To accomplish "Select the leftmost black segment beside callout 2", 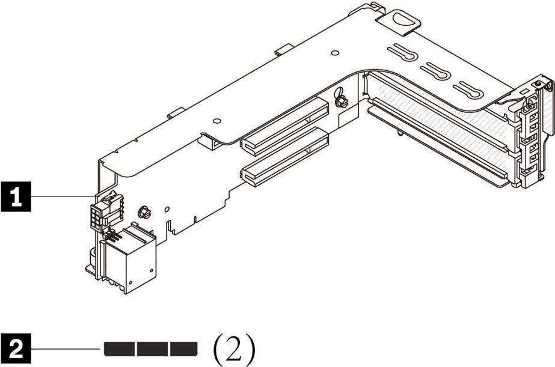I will click(x=120, y=348).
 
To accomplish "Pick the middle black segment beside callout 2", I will click(x=152, y=348).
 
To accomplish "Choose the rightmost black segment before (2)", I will click(x=183, y=348).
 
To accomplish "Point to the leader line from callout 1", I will click(x=63, y=196).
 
